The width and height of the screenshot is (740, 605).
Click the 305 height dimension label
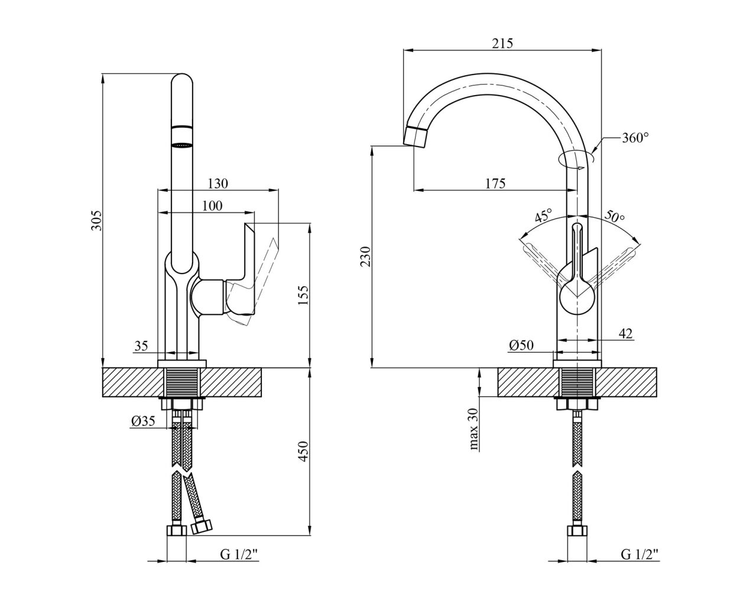point(98,220)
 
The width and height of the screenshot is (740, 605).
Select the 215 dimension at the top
point(502,44)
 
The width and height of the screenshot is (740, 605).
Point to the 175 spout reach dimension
point(495,183)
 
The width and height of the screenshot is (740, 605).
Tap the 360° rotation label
point(635,138)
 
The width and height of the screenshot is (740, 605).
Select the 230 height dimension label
point(366,256)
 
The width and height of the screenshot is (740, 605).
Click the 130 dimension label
point(218,183)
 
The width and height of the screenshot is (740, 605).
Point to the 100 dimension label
point(212,206)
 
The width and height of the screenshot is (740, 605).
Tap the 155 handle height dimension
point(303,295)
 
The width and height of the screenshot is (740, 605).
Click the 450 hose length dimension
point(303,451)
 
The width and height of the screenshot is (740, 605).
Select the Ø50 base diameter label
point(521,346)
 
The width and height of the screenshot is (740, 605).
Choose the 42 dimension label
point(625,334)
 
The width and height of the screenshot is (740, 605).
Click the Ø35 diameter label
point(143,421)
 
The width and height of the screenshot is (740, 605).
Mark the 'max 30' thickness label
point(473,429)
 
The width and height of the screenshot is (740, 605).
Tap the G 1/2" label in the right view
point(640,565)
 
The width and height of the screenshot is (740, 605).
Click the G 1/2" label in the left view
point(239,565)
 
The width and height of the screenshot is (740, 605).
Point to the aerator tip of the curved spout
point(416,137)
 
